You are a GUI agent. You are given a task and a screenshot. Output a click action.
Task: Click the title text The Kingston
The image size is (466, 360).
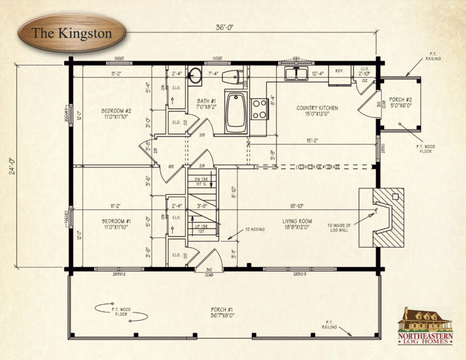(x=72, y=33)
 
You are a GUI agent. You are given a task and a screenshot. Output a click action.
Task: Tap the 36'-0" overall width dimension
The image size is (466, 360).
(x=224, y=27)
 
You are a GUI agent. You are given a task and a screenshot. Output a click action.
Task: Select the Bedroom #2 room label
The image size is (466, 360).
(x=116, y=114)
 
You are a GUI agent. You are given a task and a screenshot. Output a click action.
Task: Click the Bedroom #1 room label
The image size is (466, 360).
(x=116, y=224)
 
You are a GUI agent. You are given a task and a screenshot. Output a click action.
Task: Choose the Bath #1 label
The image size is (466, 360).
(x=206, y=104)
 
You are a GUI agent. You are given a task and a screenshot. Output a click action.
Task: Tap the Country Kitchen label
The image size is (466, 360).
(x=317, y=111)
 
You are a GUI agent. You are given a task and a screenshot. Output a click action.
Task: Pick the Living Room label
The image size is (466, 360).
(x=297, y=224)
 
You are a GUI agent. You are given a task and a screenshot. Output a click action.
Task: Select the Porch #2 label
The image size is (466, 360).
(x=401, y=103)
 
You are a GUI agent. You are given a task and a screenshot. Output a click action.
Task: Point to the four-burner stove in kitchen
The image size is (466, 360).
(x=260, y=109)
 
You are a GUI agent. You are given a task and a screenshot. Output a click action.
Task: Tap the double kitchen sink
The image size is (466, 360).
(x=297, y=73)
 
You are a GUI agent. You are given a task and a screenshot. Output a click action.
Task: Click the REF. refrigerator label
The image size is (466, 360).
(x=339, y=72)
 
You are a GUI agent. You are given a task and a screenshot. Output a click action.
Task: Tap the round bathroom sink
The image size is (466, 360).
(x=195, y=76)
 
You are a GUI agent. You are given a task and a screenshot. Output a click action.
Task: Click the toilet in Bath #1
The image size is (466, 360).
(x=235, y=77)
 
